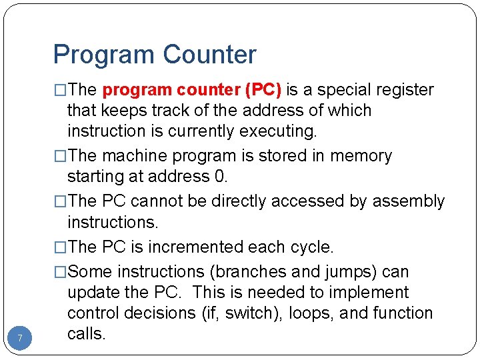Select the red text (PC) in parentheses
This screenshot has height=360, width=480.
click(263, 90)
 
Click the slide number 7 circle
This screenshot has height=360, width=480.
click(20, 339)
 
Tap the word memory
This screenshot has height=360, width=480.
click(361, 156)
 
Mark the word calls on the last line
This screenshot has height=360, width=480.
click(86, 333)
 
